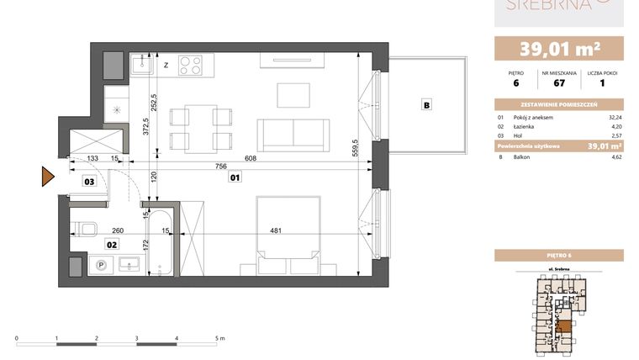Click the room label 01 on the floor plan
(236, 177)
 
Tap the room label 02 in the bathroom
(110, 244)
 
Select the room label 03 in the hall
(89, 180)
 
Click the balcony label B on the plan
(427, 105)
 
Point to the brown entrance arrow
(48, 177)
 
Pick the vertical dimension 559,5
(356, 148)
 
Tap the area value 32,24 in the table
(615, 117)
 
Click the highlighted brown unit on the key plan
(565, 326)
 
